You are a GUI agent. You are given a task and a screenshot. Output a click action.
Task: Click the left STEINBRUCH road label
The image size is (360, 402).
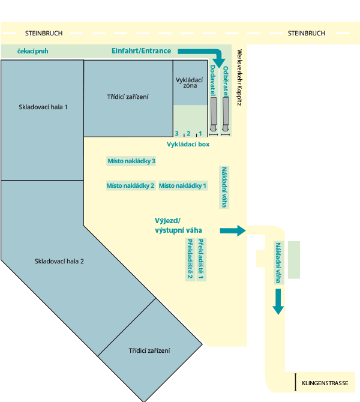[x=44, y=34]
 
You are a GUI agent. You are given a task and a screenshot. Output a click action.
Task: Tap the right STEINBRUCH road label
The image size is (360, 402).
[x=307, y=34]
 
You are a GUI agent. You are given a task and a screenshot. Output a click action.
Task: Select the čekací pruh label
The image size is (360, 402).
[x=33, y=51]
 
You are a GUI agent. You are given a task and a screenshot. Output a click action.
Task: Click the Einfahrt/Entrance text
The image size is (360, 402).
[x=141, y=51]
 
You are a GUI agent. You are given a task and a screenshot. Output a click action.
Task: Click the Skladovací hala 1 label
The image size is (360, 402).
[x=43, y=107]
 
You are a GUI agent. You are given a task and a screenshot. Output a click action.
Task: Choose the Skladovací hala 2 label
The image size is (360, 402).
[x=59, y=261]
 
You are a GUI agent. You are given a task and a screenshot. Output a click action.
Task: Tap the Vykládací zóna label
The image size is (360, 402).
[x=190, y=83]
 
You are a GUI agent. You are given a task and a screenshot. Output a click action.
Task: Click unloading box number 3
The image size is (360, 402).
[x=176, y=133]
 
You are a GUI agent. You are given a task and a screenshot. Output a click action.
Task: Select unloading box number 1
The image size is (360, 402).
[x=200, y=133]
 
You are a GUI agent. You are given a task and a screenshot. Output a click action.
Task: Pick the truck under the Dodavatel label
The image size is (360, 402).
[x=214, y=115]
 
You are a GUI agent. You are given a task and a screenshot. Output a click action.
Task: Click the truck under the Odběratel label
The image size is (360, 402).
[x=226, y=115]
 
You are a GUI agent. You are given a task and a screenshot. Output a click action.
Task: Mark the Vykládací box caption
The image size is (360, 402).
[x=188, y=145]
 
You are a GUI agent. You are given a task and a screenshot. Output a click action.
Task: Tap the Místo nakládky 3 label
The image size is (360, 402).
[x=131, y=161]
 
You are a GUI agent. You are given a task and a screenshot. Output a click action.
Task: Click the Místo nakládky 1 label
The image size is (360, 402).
[x=182, y=185]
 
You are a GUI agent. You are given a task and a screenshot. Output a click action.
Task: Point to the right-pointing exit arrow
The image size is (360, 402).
[x=233, y=231]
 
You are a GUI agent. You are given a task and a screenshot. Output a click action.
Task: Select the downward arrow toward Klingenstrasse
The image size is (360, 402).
[x=278, y=301]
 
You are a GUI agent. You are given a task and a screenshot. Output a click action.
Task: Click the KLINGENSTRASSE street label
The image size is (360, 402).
[x=325, y=383]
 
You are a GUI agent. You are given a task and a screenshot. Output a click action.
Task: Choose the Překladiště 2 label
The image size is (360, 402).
[x=190, y=259]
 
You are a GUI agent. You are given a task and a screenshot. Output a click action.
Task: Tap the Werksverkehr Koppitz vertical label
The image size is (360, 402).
[x=239, y=77]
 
